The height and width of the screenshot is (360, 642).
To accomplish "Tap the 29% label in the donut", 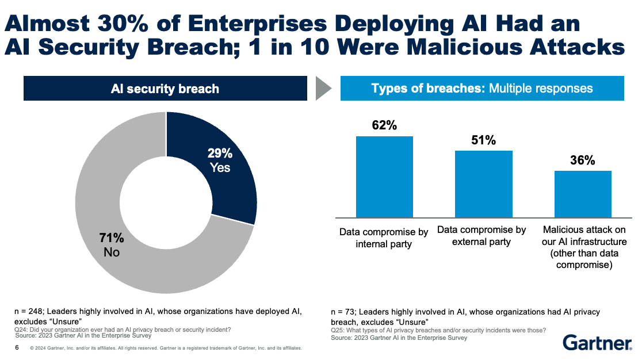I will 220,154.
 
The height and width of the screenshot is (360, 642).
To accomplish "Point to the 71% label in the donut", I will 111,238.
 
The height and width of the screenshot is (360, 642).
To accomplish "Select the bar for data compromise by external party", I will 483,183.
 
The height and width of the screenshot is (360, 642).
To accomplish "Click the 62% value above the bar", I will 384,125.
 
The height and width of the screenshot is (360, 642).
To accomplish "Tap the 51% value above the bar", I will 483,140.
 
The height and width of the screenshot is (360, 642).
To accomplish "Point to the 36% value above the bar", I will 583,160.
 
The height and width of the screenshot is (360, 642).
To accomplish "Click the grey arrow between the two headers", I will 324,89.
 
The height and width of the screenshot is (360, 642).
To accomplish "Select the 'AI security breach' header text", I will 165,89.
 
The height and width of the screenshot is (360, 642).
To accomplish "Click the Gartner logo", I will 597,343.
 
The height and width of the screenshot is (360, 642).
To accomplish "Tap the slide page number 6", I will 17,348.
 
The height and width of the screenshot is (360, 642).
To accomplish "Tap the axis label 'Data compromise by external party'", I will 482,236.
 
